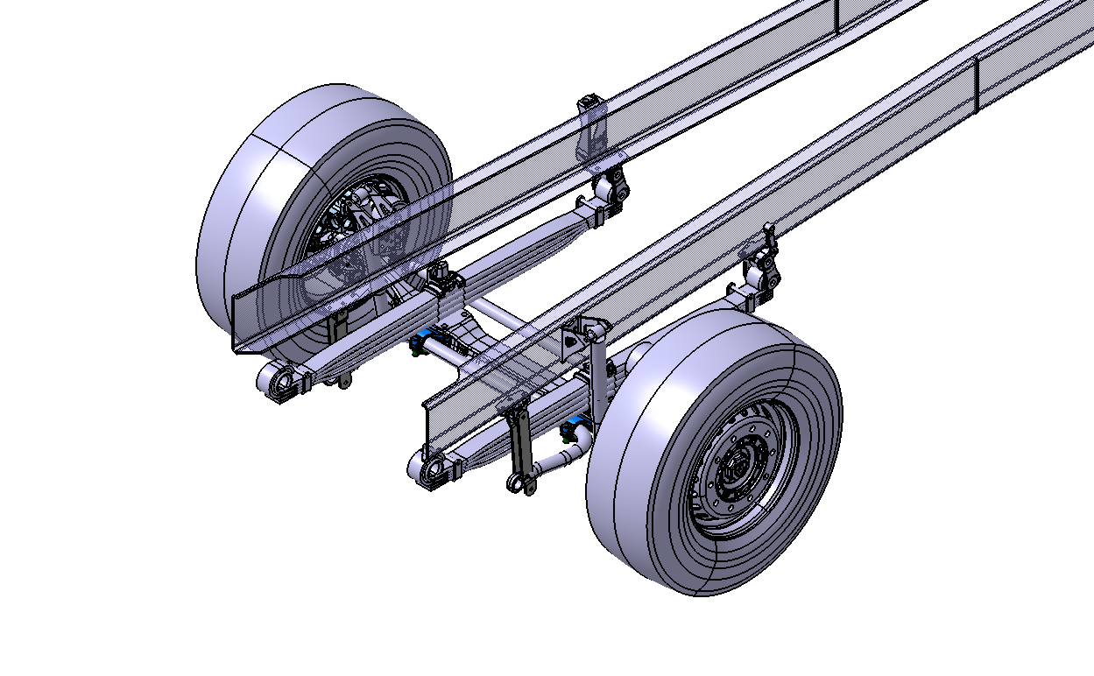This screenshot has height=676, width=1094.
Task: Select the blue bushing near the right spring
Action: point(575,430)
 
